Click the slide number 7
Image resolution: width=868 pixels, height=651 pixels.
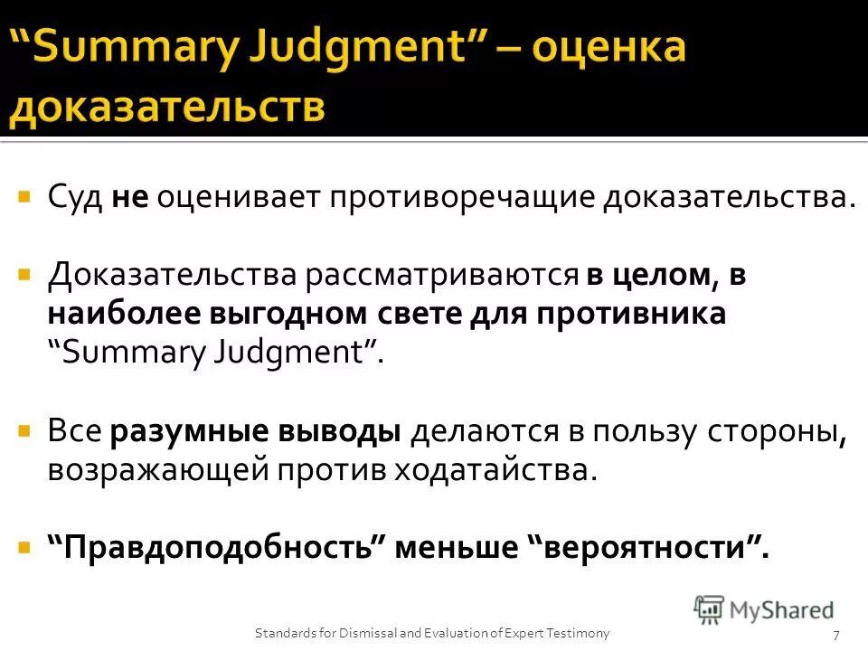[836, 634]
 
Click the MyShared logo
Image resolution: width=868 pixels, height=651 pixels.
[764, 609]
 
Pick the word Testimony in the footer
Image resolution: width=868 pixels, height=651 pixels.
[580, 633]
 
